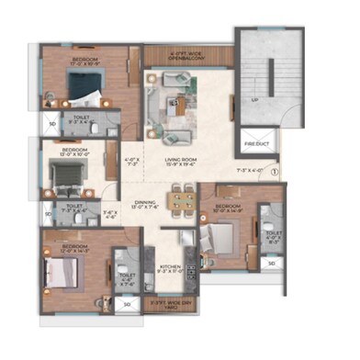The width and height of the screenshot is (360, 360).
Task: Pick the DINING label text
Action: click(x=144, y=203)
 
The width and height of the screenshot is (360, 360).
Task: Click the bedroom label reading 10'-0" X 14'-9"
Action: click(x=227, y=208)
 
